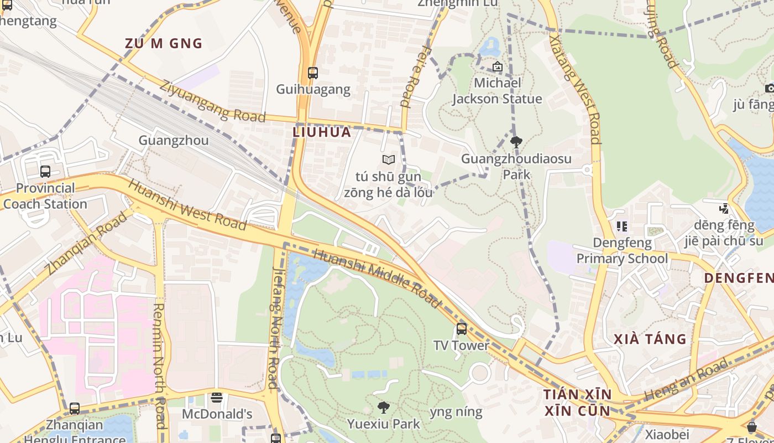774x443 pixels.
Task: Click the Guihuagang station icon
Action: (x=313, y=73)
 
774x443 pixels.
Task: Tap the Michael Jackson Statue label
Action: (x=497, y=91)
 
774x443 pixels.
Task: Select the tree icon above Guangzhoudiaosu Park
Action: (x=516, y=142)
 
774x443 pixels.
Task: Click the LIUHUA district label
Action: (x=322, y=132)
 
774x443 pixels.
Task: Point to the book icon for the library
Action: (x=389, y=160)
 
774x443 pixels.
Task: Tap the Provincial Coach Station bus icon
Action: (x=45, y=172)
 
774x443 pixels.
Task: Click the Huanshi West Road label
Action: (x=187, y=204)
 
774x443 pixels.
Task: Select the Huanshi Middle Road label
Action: (x=378, y=279)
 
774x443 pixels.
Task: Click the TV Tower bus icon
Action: (x=461, y=329)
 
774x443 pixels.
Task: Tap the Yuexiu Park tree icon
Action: (x=383, y=408)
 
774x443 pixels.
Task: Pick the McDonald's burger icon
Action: (x=217, y=398)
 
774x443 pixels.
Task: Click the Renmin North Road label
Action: (x=159, y=365)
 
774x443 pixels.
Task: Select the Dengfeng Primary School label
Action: (x=622, y=251)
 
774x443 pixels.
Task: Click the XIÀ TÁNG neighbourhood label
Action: (x=650, y=339)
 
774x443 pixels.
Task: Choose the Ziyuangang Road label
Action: (x=212, y=101)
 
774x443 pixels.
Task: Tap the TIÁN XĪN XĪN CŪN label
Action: (x=577, y=403)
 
